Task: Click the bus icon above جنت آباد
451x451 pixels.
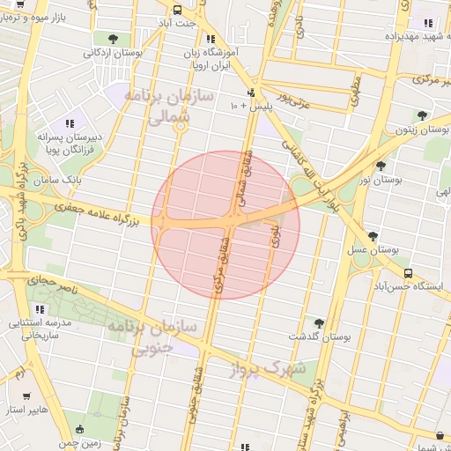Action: pos(178,11)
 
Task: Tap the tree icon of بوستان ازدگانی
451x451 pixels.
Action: pos(113,37)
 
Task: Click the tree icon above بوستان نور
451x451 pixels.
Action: pos(381,165)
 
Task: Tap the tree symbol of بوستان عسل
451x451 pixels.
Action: pos(373,236)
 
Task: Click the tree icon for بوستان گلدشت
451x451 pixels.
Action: pos(318,323)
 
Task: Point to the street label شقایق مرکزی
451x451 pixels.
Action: pos(219,263)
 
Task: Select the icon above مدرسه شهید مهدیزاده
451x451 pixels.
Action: pos(427,23)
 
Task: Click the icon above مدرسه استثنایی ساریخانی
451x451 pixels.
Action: pos(40,309)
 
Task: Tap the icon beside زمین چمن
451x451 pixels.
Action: pos(81,430)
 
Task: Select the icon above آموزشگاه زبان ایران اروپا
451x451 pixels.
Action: pos(210,40)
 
